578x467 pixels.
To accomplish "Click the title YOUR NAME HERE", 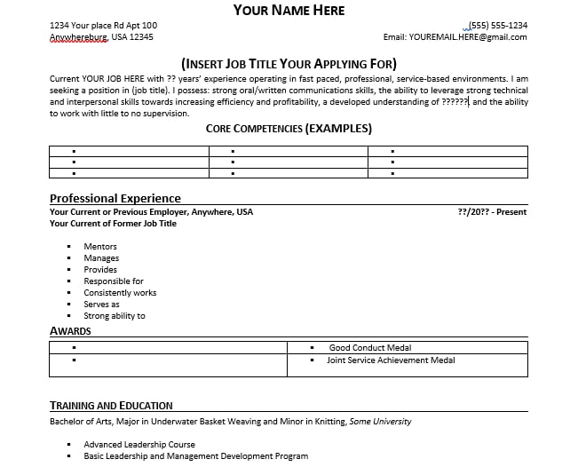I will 289,10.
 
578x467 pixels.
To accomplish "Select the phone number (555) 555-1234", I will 497,25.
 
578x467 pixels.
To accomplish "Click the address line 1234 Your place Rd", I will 103,25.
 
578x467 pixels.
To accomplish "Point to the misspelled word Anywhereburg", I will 79,37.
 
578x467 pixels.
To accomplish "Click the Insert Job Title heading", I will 289,64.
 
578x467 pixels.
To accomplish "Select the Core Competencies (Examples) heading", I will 289,129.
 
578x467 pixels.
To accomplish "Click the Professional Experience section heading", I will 115,198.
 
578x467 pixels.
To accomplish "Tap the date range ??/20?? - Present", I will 492,212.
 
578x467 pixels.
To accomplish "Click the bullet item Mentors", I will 100,247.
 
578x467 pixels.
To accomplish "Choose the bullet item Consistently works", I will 120,293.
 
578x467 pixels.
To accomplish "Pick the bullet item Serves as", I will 101,305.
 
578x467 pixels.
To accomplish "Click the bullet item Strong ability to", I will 115,316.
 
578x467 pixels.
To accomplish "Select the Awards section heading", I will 70,331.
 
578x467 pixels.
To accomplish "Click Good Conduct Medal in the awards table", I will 369,348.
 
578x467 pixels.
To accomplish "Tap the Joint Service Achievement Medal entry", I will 391,360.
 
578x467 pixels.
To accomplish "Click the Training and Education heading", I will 111,406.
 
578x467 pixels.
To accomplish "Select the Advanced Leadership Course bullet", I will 139,445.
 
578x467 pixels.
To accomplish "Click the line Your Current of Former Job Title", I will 113,224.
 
